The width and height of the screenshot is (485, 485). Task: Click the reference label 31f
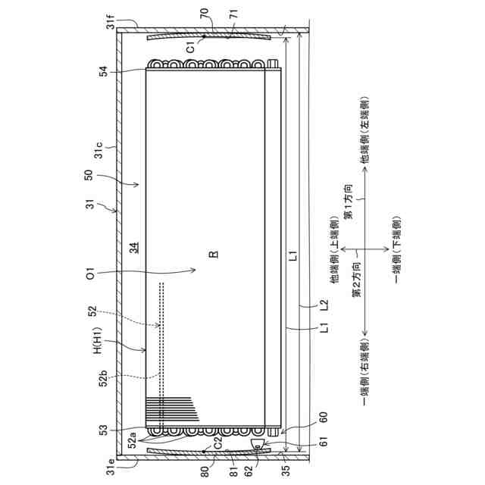111,21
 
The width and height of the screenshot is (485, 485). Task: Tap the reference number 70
205,14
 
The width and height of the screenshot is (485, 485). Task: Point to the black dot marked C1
204,36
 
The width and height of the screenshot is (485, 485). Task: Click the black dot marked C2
204,452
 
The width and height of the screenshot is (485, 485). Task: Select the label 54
104,71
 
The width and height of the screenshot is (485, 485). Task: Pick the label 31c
99,150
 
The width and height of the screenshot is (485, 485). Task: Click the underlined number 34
134,248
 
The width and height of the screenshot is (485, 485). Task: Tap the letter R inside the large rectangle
214,255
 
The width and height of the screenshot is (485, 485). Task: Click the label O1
89,274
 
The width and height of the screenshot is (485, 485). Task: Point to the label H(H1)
98,340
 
